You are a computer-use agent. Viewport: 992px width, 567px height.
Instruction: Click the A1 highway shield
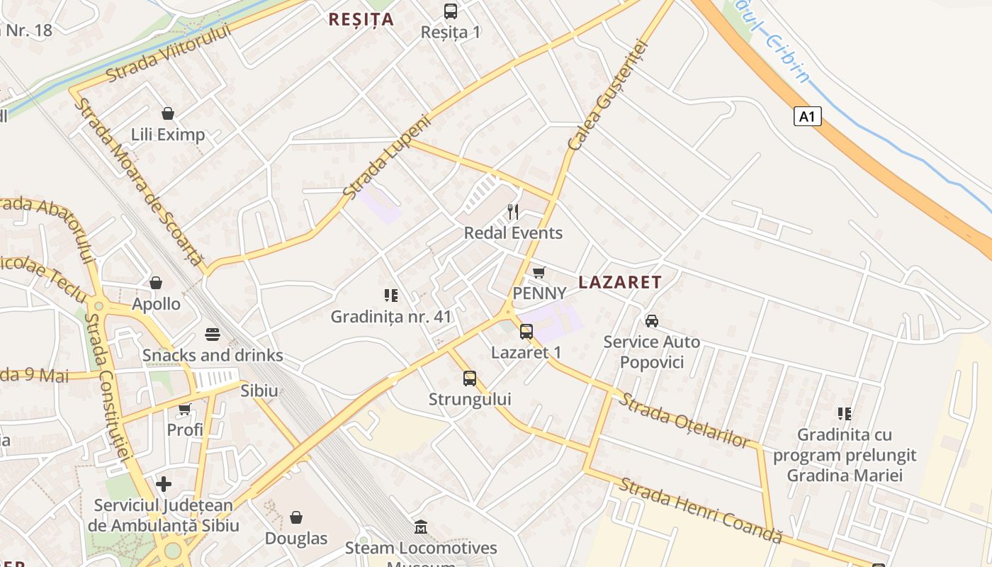tap(807, 116)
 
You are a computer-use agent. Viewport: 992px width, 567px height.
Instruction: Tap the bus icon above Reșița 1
tap(450, 11)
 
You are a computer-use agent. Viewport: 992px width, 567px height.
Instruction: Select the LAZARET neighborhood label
tap(619, 282)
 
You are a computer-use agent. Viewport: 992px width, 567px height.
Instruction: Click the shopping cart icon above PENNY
tap(539, 272)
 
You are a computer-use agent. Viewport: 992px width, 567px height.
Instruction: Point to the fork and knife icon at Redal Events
tap(513, 211)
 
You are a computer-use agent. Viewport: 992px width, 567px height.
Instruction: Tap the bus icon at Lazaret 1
tap(526, 332)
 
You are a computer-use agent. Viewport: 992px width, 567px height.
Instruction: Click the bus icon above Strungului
tap(469, 378)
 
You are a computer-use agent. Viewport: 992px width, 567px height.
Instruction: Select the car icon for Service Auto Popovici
tap(651, 321)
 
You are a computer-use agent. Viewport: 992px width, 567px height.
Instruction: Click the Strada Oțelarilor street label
tap(684, 420)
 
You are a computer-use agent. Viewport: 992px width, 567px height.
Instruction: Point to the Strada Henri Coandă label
tap(700, 511)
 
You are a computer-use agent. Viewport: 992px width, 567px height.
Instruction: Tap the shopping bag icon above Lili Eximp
tap(168, 113)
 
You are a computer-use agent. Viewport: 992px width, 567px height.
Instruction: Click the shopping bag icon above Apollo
tap(156, 283)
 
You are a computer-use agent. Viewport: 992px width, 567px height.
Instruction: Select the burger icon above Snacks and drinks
tap(212, 334)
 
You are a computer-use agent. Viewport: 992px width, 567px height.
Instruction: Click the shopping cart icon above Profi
tap(185, 409)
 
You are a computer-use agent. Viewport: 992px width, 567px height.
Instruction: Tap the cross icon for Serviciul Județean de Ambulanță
tap(164, 484)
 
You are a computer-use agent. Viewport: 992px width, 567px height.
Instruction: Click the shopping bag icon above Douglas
tap(296, 517)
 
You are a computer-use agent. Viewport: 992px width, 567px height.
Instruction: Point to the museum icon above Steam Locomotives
tap(421, 527)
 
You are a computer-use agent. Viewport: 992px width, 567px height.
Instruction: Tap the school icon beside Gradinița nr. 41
tap(390, 295)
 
